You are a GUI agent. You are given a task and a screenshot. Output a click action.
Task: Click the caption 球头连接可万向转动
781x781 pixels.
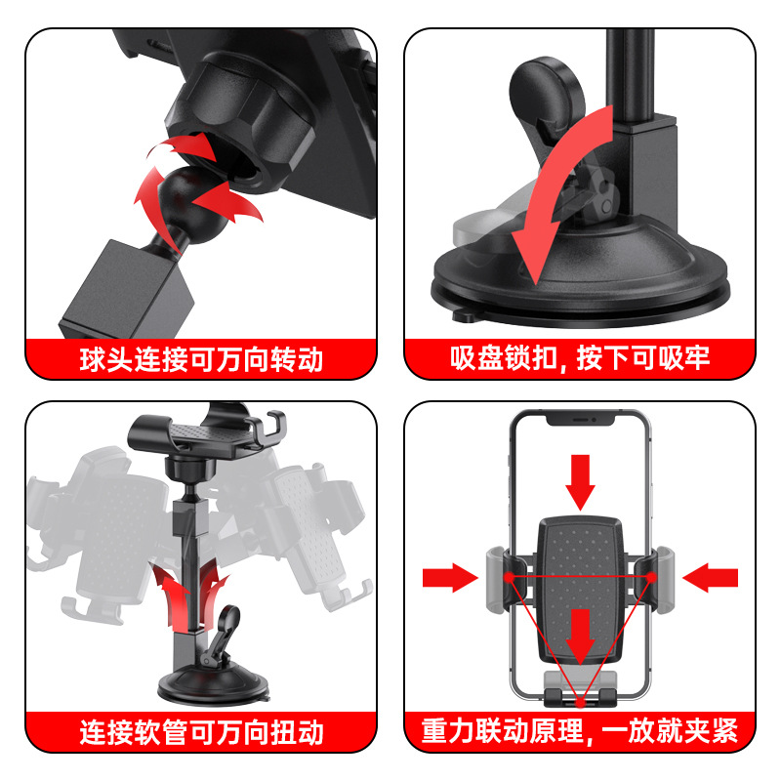click(201, 359)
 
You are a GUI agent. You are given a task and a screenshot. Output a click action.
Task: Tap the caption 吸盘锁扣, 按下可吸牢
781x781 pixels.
click(580, 359)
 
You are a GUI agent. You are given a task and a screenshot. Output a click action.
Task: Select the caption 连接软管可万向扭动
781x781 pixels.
click(201, 731)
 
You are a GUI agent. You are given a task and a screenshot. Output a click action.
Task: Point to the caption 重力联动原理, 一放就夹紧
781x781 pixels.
click(580, 731)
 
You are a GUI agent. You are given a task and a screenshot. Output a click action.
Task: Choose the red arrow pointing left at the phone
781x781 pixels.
click(710, 578)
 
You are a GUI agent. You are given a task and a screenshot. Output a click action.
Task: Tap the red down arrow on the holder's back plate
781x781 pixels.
click(581, 635)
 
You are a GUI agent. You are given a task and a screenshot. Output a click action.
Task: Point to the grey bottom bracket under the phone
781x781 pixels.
click(581, 686)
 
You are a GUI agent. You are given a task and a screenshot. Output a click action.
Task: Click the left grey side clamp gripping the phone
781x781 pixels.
click(497, 578)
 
